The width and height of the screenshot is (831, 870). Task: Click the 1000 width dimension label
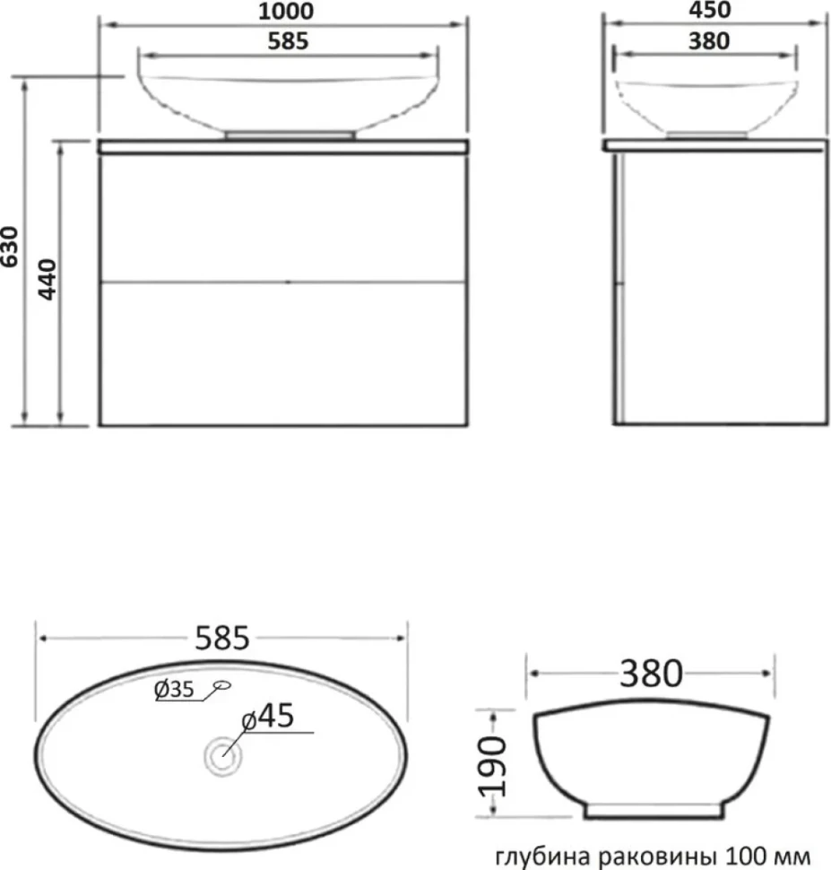click(x=286, y=11)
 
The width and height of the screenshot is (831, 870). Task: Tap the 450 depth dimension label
click(x=709, y=10)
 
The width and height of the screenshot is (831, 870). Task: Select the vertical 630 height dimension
click(x=10, y=247)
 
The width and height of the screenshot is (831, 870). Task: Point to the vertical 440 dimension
click(x=48, y=280)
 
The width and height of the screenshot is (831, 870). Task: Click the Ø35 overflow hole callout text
click(x=174, y=690)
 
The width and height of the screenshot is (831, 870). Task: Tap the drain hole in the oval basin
click(x=223, y=756)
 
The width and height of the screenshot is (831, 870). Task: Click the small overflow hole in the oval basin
click(x=222, y=685)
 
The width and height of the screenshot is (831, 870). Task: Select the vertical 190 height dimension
click(x=493, y=766)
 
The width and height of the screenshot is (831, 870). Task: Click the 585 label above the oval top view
click(x=222, y=638)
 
